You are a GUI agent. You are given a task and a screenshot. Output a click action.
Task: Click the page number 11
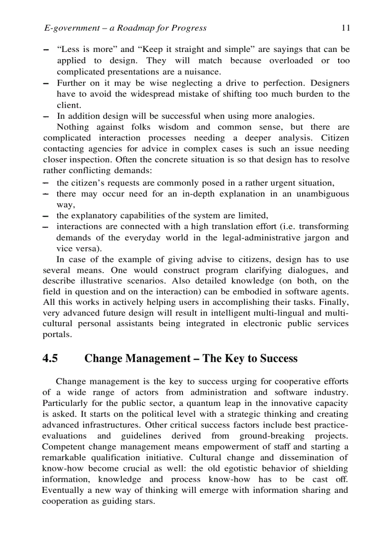click(345, 28)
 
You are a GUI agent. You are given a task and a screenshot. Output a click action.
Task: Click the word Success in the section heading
click(279, 359)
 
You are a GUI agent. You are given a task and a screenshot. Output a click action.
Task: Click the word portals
click(57, 335)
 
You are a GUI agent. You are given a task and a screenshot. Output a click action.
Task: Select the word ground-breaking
click(272, 436)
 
